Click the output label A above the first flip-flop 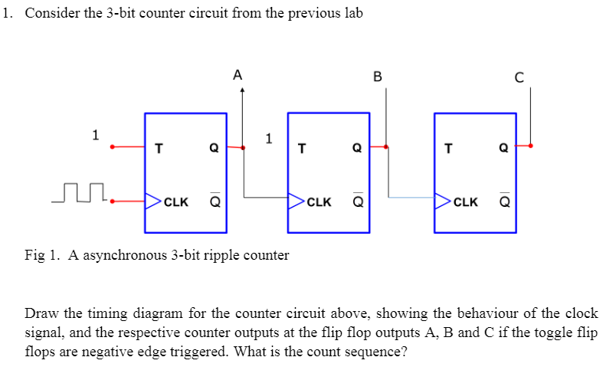(238, 75)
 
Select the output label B (376, 76)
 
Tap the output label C (519, 76)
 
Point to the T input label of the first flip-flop (159, 149)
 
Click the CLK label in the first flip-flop (176, 202)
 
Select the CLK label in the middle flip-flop (319, 202)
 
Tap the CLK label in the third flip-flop (465, 202)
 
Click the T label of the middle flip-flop (302, 149)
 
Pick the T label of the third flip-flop (449, 149)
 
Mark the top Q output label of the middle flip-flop (356, 149)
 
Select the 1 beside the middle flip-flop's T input (268, 139)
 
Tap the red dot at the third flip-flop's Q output (531, 145)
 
